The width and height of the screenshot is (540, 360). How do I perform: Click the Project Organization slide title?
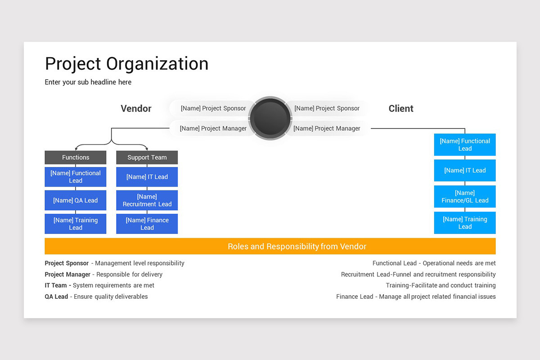point(126,64)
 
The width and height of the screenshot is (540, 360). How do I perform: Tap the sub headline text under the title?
point(88,82)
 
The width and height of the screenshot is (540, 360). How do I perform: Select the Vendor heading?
point(136,108)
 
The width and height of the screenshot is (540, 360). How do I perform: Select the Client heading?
point(400,108)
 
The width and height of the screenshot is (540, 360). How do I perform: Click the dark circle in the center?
point(270,118)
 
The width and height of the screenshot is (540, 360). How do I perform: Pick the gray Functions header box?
point(76,157)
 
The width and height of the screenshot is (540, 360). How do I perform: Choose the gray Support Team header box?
point(147,157)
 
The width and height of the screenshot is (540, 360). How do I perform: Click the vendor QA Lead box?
point(76,200)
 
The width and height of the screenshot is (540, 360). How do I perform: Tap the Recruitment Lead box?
point(147,200)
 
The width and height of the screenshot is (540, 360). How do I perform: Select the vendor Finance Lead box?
point(147,224)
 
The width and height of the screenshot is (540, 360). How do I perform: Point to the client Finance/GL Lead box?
point(465,197)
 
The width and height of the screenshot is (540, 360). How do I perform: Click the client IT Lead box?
point(465,171)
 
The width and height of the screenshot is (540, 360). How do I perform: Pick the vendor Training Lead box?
point(76,224)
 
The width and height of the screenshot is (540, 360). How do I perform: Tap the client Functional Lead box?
point(465,144)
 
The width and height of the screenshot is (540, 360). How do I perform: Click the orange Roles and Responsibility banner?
point(270,246)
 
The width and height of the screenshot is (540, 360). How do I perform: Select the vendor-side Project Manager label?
point(213,128)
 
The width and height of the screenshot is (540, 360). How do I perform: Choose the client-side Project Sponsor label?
point(327,108)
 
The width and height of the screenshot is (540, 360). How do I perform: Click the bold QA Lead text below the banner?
point(56,297)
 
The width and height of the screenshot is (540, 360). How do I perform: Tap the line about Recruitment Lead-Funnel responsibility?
point(418,274)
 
